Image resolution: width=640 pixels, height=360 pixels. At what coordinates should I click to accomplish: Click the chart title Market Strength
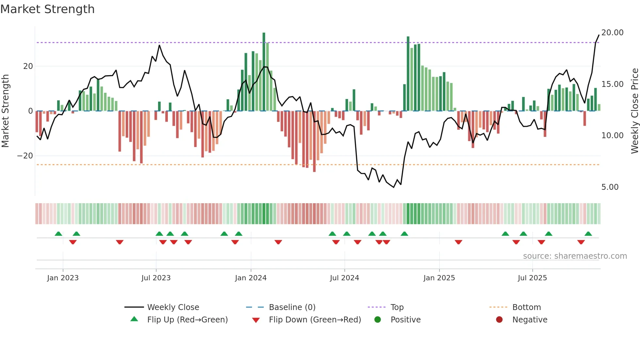click(x=47, y=9)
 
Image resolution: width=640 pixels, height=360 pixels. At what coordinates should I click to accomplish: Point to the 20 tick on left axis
click(x=28, y=66)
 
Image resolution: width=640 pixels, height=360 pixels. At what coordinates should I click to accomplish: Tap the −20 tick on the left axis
click(x=25, y=156)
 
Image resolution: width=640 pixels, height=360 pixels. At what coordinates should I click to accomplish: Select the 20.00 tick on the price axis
click(x=612, y=33)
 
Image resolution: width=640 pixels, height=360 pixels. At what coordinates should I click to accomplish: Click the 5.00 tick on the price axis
click(x=610, y=187)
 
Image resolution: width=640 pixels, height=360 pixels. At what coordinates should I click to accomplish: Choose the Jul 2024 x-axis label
click(x=344, y=278)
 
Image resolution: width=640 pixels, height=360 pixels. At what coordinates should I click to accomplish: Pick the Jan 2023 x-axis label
click(x=63, y=278)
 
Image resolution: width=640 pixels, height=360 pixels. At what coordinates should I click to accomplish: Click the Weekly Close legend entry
click(x=173, y=307)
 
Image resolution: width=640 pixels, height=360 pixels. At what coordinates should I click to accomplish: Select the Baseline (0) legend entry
click(x=292, y=307)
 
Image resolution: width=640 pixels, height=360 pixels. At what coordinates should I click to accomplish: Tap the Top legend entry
click(x=397, y=307)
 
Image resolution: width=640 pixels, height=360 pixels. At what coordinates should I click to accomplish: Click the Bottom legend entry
click(x=526, y=307)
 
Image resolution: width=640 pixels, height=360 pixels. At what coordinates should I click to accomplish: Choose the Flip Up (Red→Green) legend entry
click(x=187, y=320)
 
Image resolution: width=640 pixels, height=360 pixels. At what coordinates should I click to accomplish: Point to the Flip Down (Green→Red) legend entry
click(x=315, y=320)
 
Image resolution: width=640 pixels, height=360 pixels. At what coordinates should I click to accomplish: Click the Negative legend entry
click(x=529, y=320)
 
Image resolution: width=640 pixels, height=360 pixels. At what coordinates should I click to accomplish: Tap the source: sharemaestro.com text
click(x=575, y=256)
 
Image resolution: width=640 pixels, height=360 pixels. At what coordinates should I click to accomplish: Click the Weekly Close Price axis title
click(x=634, y=111)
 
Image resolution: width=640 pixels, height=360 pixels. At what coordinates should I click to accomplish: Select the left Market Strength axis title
click(x=5, y=111)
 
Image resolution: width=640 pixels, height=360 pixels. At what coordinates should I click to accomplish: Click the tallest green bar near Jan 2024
click(x=264, y=72)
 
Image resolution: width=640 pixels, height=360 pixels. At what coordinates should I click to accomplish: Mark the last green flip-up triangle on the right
click(x=588, y=234)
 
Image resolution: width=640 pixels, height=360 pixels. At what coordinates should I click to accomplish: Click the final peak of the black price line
click(x=599, y=35)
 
